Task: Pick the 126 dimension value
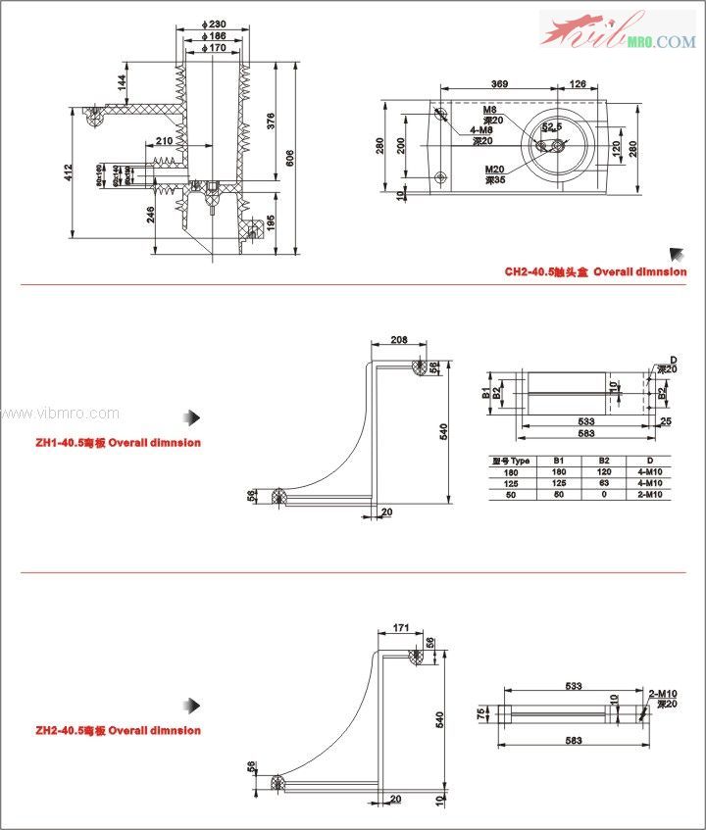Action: (577, 85)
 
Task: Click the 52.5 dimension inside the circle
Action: (552, 128)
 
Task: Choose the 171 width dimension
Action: (400, 626)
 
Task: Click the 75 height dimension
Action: (481, 712)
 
